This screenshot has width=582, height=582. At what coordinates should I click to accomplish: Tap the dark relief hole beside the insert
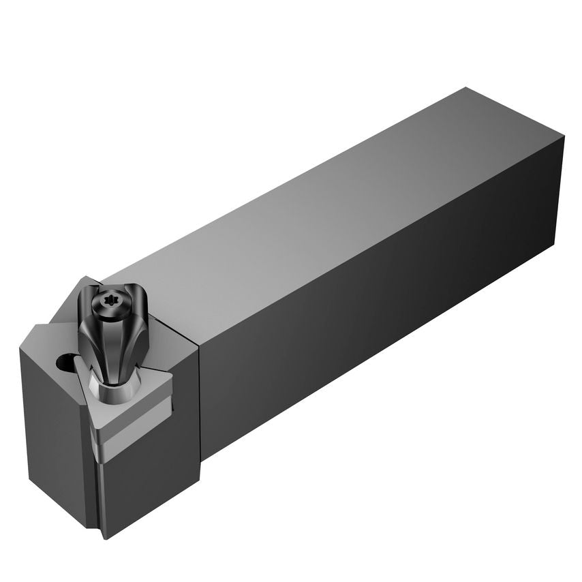[x=65, y=361]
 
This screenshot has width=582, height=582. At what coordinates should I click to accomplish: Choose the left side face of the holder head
[x=58, y=436]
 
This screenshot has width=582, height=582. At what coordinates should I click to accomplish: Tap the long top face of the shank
[x=327, y=204]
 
